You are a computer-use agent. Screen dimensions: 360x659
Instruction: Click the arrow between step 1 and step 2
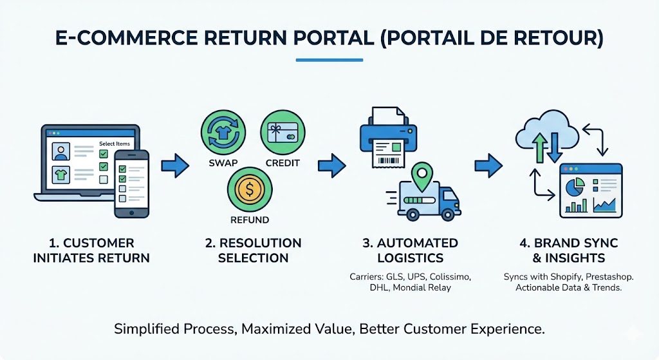coord(174,166)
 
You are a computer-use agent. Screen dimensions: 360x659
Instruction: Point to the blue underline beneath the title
coord(329,61)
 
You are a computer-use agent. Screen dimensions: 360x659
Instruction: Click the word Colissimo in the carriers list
coord(450,277)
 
